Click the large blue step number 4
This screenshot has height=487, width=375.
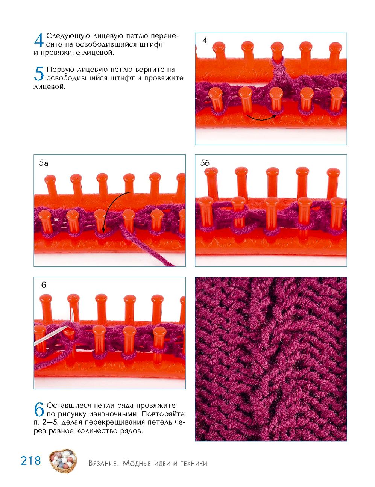pyautogui.click(x=39, y=40)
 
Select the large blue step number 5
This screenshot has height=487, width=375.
pyautogui.click(x=39, y=74)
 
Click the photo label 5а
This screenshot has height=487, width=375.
pyautogui.click(x=44, y=163)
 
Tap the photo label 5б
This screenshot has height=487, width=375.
pyautogui.click(x=205, y=163)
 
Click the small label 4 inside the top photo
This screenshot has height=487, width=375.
pyautogui.click(x=204, y=41)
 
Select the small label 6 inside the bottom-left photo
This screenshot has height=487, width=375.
pyautogui.click(x=44, y=285)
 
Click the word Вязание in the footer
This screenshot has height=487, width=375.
pyautogui.click(x=103, y=463)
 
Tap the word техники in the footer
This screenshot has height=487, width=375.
pyautogui.click(x=194, y=463)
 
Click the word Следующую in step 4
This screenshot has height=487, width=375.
pyautogui.click(x=68, y=36)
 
